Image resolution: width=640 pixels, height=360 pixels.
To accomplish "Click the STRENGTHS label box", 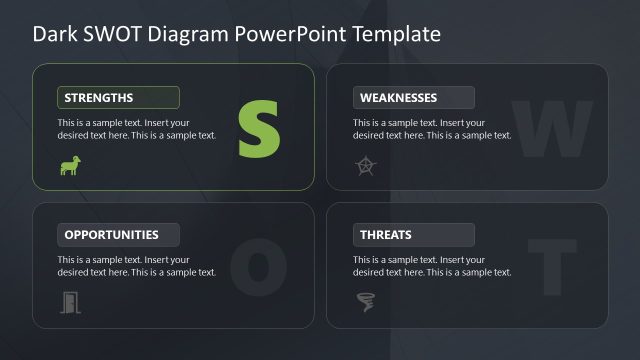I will tap(118, 97).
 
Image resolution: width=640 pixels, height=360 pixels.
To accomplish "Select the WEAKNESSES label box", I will tap(413, 97).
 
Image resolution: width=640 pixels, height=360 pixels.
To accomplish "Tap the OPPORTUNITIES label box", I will tap(118, 235).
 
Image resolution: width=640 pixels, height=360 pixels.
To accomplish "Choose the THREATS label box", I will tap(413, 235).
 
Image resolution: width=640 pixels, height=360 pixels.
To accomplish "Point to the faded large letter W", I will tap(551, 129).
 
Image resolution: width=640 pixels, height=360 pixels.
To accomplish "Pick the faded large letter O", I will tap(251, 265).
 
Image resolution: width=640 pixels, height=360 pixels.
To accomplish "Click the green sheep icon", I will tap(70, 166).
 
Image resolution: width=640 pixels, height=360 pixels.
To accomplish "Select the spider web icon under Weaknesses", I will tap(365, 166).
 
